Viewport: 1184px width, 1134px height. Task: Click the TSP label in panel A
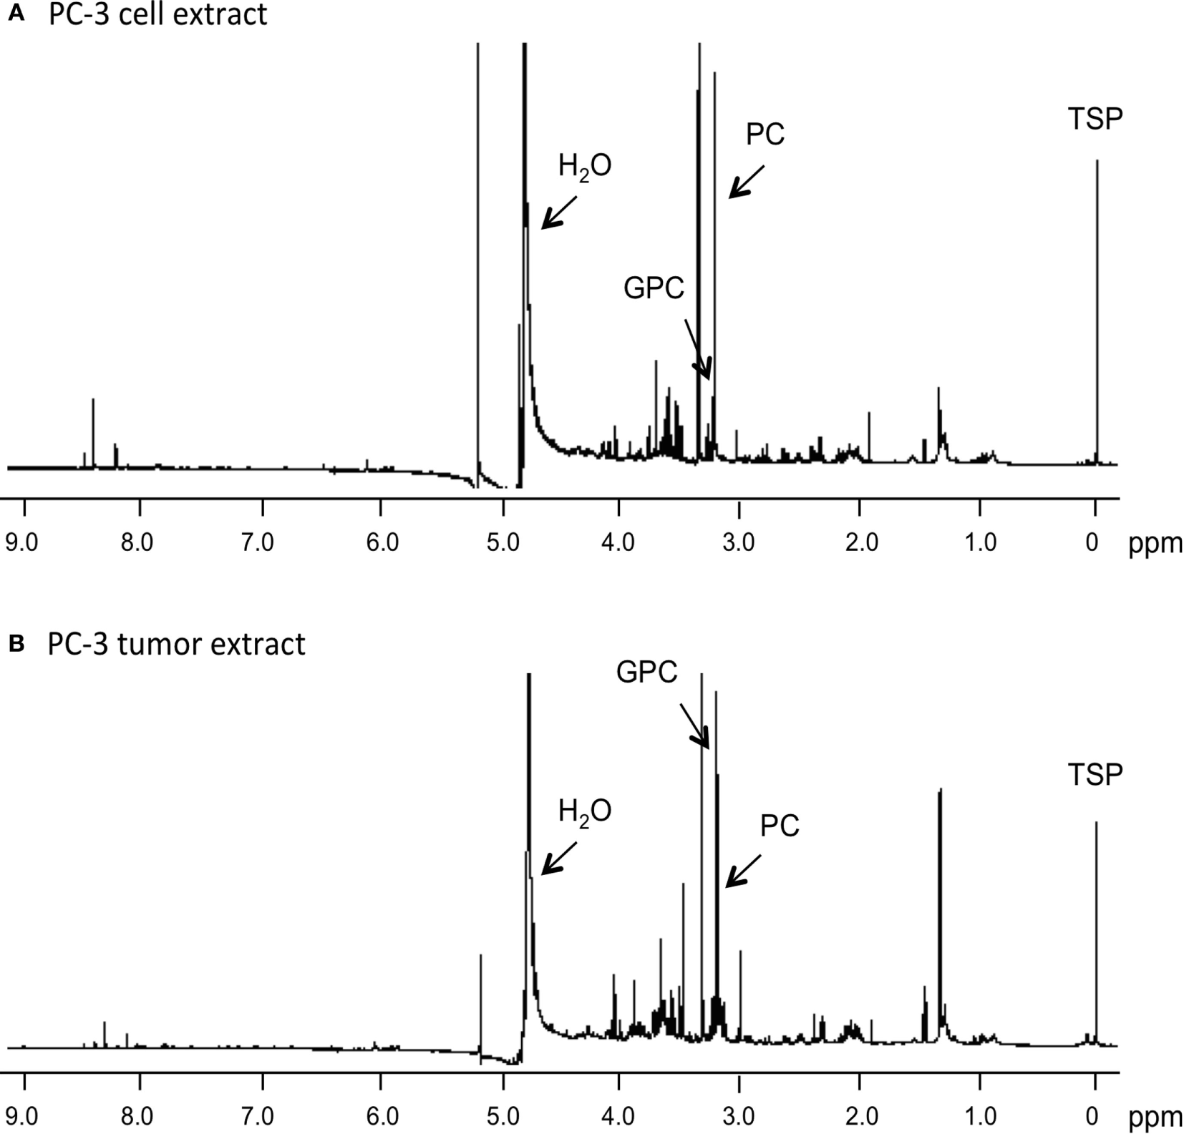pyautogui.click(x=1095, y=119)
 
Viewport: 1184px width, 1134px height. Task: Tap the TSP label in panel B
pyautogui.click(x=1095, y=774)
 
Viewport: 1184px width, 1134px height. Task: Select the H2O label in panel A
pyautogui.click(x=584, y=167)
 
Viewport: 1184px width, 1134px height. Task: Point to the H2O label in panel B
pyautogui.click(x=584, y=812)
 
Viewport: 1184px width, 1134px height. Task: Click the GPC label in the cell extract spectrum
pyautogui.click(x=653, y=288)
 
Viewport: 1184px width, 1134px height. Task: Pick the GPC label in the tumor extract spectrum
pyautogui.click(x=646, y=673)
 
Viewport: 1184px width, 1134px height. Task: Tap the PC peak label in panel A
pyautogui.click(x=765, y=134)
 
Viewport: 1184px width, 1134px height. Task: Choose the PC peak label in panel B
pyautogui.click(x=779, y=826)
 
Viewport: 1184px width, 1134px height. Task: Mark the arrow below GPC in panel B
pyautogui.click(x=694, y=725)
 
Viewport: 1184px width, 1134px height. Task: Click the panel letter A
pyautogui.click(x=16, y=14)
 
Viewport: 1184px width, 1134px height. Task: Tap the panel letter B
pyautogui.click(x=16, y=644)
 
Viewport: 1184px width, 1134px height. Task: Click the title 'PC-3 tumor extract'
pyautogui.click(x=176, y=644)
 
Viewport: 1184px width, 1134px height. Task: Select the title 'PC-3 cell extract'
pyautogui.click(x=157, y=14)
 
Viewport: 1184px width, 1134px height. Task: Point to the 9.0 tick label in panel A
pyautogui.click(x=21, y=542)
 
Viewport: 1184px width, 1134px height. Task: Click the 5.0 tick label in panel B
pyautogui.click(x=503, y=1116)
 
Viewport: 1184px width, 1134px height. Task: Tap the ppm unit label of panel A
pyautogui.click(x=1155, y=544)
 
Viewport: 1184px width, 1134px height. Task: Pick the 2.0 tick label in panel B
pyautogui.click(x=861, y=1116)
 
